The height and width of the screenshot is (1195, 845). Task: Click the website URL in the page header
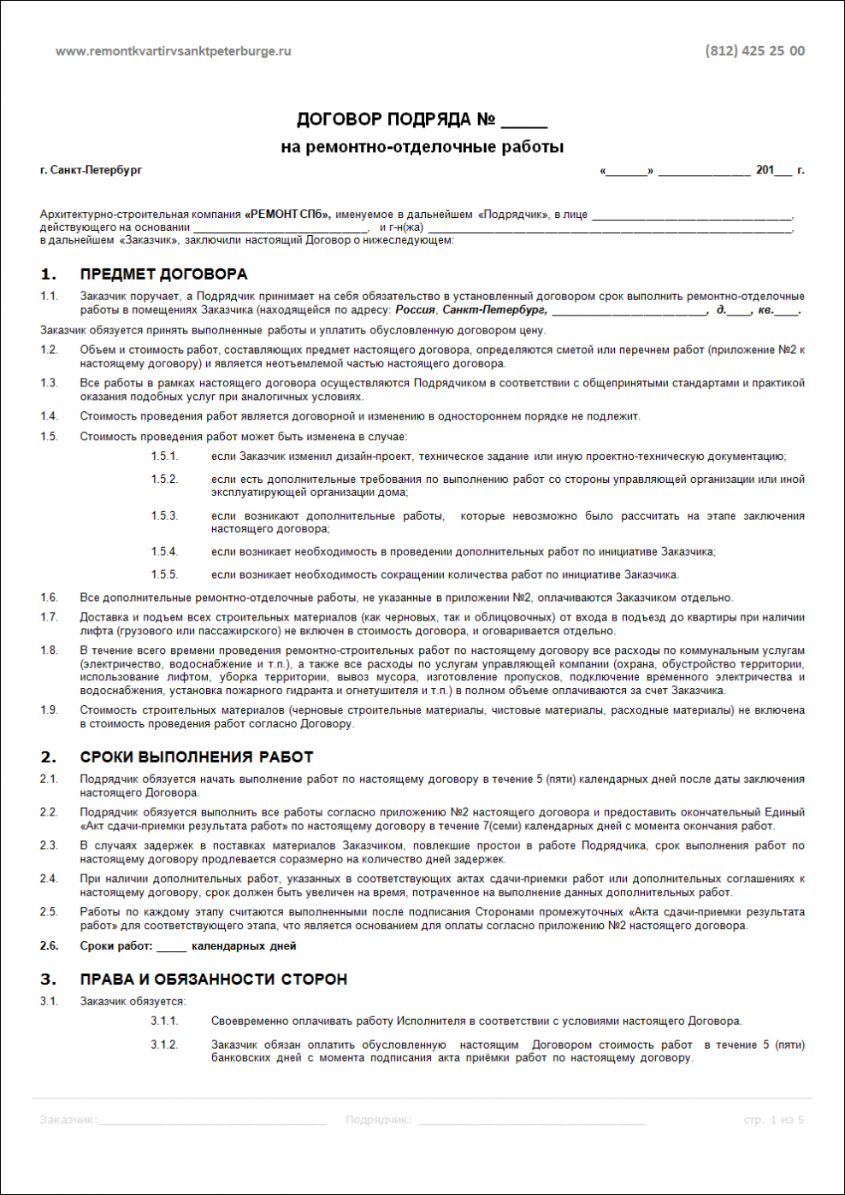pos(173,51)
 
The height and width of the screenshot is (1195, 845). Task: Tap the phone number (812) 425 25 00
pos(754,51)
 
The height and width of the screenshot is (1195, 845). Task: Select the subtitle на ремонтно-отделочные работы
pos(422,147)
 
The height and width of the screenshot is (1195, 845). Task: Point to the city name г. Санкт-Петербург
pos(91,170)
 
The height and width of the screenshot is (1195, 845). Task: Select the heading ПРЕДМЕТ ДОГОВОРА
pos(163,274)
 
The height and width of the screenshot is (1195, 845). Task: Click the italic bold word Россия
pos(415,309)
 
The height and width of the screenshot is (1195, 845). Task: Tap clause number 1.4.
pos(49,416)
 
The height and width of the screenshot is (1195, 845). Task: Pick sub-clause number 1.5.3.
pos(164,515)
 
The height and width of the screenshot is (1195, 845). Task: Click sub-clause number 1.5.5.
pos(164,574)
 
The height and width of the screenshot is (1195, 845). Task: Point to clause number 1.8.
pos(49,650)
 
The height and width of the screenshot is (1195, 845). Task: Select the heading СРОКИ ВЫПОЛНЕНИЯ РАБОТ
pos(197,757)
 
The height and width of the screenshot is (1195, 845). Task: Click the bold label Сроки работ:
pos(116,946)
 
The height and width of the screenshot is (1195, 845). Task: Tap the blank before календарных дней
pos(171,947)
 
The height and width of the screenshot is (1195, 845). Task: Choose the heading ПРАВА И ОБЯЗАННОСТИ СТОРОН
pos(214,980)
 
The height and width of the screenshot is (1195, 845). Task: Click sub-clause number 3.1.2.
pos(164,1045)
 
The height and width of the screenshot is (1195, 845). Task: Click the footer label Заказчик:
pos(68,1120)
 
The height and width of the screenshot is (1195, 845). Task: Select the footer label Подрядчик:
pos(378,1120)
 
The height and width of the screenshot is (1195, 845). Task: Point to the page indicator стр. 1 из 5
pos(773,1120)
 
